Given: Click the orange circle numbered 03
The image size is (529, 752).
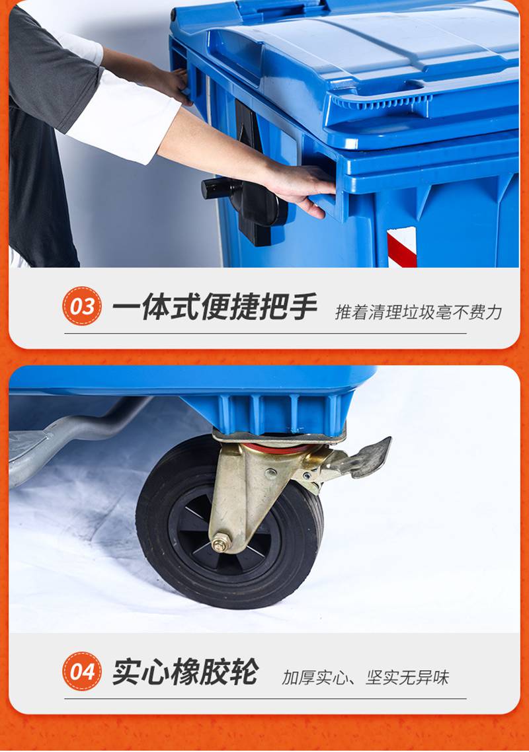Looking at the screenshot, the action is (x=82, y=306).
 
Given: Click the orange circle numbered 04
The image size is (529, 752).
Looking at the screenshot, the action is (x=82, y=671).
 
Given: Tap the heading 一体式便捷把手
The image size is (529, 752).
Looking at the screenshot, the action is (x=215, y=306).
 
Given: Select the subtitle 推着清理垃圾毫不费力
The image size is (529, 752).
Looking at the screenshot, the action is (x=418, y=312).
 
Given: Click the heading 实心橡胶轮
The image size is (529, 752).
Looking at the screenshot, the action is (x=185, y=671).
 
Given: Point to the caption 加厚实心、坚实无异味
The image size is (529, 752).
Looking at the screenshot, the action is (x=365, y=678).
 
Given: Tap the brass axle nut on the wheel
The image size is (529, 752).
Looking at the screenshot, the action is (x=221, y=543).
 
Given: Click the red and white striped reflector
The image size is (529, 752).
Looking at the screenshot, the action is (x=402, y=247).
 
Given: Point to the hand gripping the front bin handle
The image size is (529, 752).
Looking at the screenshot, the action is (x=300, y=188).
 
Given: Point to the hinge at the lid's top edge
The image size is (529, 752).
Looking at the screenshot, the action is (x=279, y=7).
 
